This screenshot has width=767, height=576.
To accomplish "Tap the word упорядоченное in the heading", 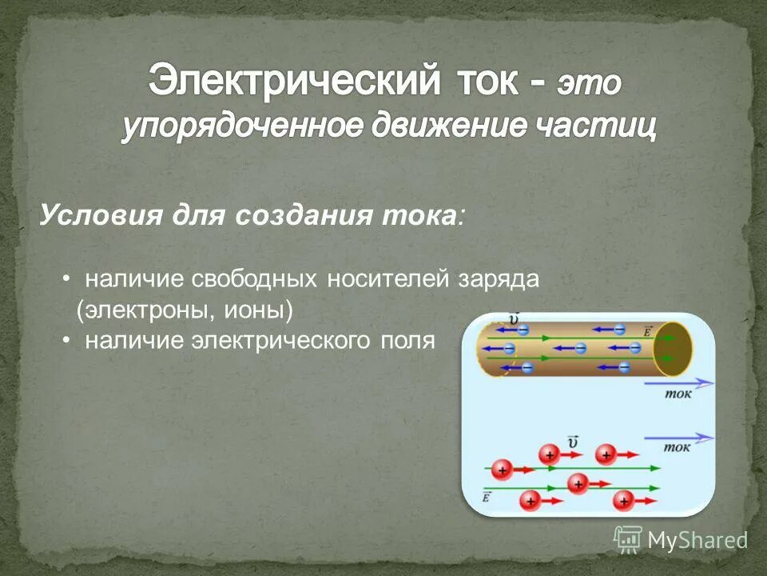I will pyautogui.click(x=231, y=127).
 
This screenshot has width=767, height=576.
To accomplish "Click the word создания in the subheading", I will pyautogui.click(x=302, y=215).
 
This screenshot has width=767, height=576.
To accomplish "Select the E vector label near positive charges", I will pyautogui.click(x=487, y=497).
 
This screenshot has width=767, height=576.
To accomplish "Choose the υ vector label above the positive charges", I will pyautogui.click(x=572, y=442).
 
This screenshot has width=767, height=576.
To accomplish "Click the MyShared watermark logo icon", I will pyautogui.click(x=628, y=539).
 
